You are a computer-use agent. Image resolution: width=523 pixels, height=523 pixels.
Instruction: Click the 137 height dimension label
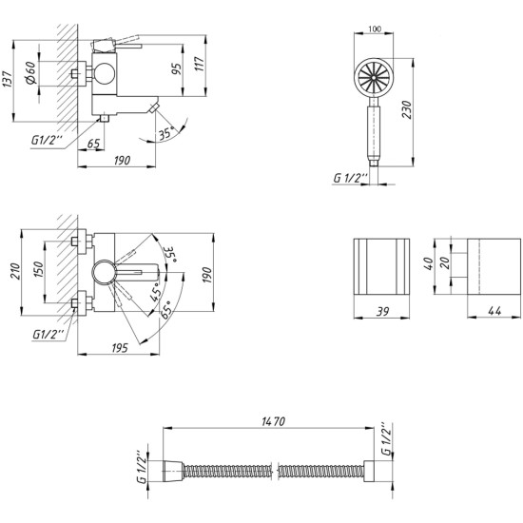click(x=9, y=80)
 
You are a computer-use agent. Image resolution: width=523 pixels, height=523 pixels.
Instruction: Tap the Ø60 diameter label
click(x=31, y=72)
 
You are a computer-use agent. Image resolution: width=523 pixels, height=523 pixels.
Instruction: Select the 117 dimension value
click(x=199, y=64)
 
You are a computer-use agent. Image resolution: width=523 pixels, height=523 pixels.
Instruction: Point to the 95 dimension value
click(x=177, y=68)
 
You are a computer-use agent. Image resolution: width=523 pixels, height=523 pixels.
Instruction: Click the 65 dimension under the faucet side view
click(x=94, y=144)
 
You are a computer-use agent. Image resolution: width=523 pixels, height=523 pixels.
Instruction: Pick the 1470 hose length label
click(x=274, y=421)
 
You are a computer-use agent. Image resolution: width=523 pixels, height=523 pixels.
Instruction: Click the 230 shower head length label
click(x=407, y=109)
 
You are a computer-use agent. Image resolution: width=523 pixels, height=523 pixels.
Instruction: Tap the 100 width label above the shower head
click(x=375, y=29)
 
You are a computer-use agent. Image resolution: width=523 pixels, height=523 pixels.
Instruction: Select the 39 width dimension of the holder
click(x=382, y=311)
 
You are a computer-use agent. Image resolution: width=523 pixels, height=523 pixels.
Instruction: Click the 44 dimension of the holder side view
click(x=494, y=311)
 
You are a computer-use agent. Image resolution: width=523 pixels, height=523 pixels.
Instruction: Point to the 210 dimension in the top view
click(x=15, y=271)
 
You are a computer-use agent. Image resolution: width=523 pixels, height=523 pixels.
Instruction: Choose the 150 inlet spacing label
click(x=38, y=269)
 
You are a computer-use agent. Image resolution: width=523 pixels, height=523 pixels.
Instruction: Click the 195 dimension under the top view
click(x=120, y=348)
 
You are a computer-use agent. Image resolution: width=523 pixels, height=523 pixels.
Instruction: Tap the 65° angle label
click(x=166, y=309)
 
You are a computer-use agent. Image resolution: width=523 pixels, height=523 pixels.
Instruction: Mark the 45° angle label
click(x=156, y=293)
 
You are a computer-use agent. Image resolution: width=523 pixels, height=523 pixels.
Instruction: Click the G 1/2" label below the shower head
click(x=350, y=178)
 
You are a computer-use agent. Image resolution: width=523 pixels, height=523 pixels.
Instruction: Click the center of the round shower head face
click(x=374, y=77)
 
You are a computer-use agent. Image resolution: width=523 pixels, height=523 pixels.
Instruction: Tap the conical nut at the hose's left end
click(x=173, y=472)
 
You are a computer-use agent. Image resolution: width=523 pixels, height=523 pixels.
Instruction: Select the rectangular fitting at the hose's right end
click(x=369, y=472)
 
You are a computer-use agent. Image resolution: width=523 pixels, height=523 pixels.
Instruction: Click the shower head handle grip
click(x=374, y=133)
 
